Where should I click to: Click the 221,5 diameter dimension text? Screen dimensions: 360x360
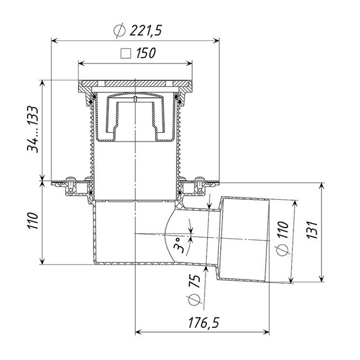(138, 31)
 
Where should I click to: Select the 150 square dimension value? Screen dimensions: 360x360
(146, 53)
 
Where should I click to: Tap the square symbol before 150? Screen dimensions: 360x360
(126, 53)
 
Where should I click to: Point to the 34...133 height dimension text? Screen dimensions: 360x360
(32, 130)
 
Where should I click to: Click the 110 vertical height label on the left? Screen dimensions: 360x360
(32, 221)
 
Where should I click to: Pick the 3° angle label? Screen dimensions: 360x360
(179, 245)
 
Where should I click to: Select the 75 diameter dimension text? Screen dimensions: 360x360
(194, 281)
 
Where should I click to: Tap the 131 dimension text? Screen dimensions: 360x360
(313, 230)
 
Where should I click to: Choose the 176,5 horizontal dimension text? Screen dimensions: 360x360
(203, 323)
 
